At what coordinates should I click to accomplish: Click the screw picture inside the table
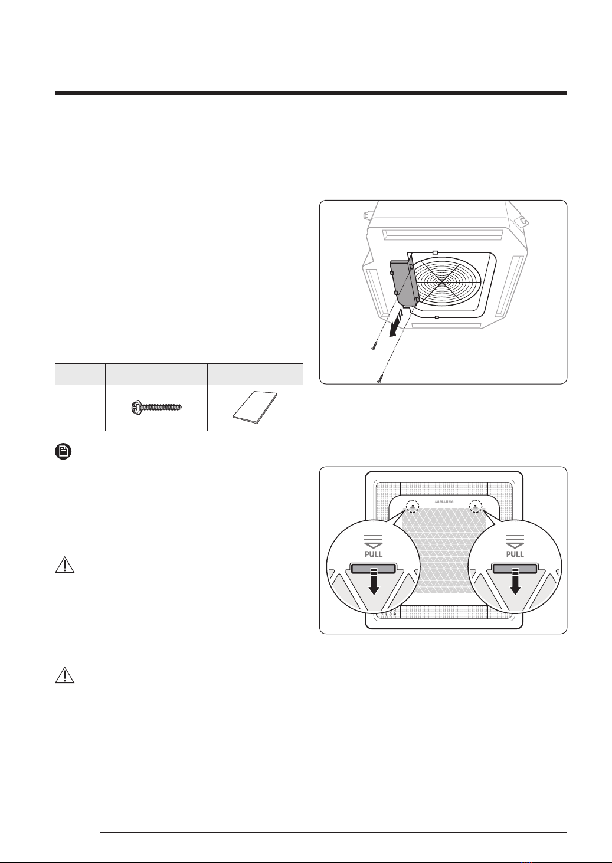click(156, 407)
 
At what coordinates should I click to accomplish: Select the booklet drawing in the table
click(255, 408)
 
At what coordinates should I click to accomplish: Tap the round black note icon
click(64, 451)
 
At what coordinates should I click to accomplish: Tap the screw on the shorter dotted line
click(374, 345)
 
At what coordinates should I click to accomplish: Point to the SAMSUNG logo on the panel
click(444, 501)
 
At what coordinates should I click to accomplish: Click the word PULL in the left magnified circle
click(374, 554)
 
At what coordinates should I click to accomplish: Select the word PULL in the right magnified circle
click(515, 554)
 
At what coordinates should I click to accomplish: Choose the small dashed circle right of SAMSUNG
click(476, 507)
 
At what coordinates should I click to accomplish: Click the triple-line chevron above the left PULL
click(374, 541)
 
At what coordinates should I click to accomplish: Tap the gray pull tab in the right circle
click(515, 568)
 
